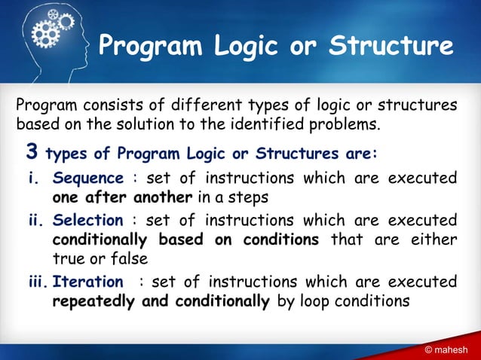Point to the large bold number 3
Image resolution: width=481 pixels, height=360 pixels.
tap(32, 154)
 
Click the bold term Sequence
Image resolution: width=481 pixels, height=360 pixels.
tap(87, 178)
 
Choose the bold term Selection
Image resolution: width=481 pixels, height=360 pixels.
tap(87, 221)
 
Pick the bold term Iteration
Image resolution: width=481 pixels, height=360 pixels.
tap(87, 282)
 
